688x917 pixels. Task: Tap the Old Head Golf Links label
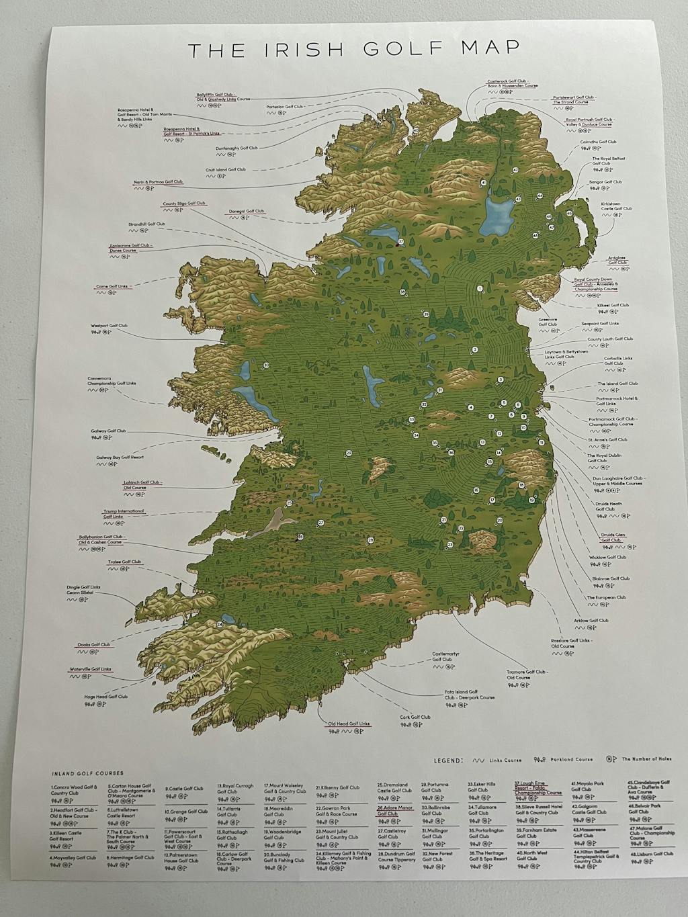(349, 724)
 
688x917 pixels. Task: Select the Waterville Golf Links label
(91, 669)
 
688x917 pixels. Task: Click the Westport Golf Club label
(109, 326)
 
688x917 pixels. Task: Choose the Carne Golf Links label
(112, 286)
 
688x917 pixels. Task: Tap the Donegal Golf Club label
(246, 211)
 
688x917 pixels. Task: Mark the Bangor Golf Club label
(605, 182)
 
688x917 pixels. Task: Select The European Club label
(606, 597)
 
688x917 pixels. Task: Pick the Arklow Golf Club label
(591, 620)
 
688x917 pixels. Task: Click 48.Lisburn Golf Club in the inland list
(650, 854)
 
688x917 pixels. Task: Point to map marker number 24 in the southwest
(220, 625)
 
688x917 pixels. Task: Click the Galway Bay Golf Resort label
(120, 457)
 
